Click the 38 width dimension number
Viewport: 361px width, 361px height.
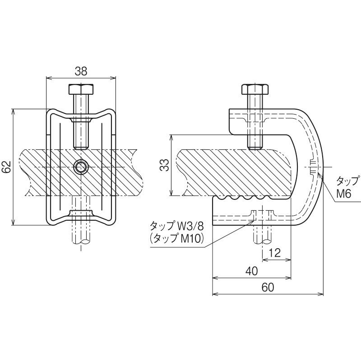click(x=81, y=71)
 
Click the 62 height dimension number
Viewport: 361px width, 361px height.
click(x=7, y=167)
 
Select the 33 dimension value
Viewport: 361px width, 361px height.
click(x=165, y=165)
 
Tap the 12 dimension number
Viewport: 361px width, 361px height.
click(x=275, y=253)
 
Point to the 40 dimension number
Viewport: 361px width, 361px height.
click(x=252, y=271)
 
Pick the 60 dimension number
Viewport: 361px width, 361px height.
click(x=268, y=287)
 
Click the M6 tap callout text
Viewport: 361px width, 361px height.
click(x=343, y=194)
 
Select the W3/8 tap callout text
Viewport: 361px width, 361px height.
click(x=190, y=227)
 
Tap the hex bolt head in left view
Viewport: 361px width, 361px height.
click(x=81, y=89)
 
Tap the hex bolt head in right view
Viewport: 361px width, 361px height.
click(x=255, y=89)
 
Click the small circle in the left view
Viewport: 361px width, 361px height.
click(x=81, y=167)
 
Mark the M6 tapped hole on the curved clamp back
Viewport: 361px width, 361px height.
click(x=313, y=167)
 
